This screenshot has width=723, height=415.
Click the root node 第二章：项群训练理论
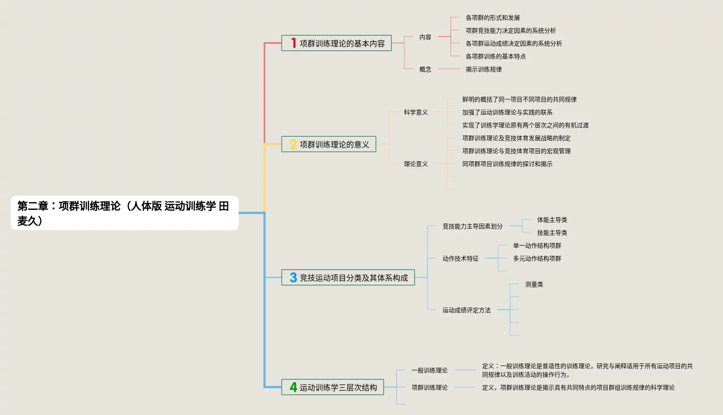click(x=124, y=213)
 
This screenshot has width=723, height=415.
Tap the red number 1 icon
click(x=293, y=43)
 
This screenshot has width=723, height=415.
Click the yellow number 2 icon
click(x=293, y=144)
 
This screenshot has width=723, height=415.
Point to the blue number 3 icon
click(x=293, y=278)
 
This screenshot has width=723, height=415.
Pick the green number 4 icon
click(x=293, y=387)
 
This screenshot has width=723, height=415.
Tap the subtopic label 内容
click(x=425, y=37)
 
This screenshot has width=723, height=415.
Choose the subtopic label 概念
click(x=425, y=69)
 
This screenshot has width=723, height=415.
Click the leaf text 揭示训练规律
click(x=483, y=69)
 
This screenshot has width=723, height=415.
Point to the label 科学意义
click(x=415, y=112)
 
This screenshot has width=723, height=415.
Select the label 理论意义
click(x=415, y=164)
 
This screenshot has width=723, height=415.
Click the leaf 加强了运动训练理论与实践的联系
click(x=507, y=112)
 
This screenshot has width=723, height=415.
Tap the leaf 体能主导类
click(x=552, y=220)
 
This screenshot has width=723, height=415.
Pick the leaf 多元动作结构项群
click(x=537, y=258)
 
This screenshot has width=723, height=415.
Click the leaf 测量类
click(x=534, y=284)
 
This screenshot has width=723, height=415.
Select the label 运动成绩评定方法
click(x=466, y=310)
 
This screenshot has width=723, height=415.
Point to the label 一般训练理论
click(x=429, y=370)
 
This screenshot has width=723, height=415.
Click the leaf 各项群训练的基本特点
click(x=495, y=56)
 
